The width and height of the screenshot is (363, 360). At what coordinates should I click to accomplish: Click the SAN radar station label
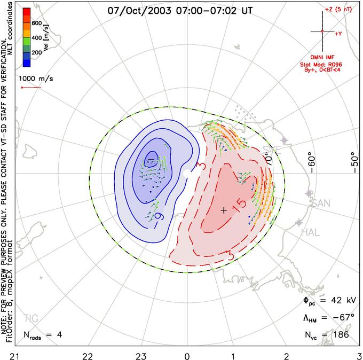coord(320,203)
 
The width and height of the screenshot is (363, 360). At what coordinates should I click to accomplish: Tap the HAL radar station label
coord(311,232)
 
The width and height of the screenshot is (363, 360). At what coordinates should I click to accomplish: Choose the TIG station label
coord(31,319)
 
